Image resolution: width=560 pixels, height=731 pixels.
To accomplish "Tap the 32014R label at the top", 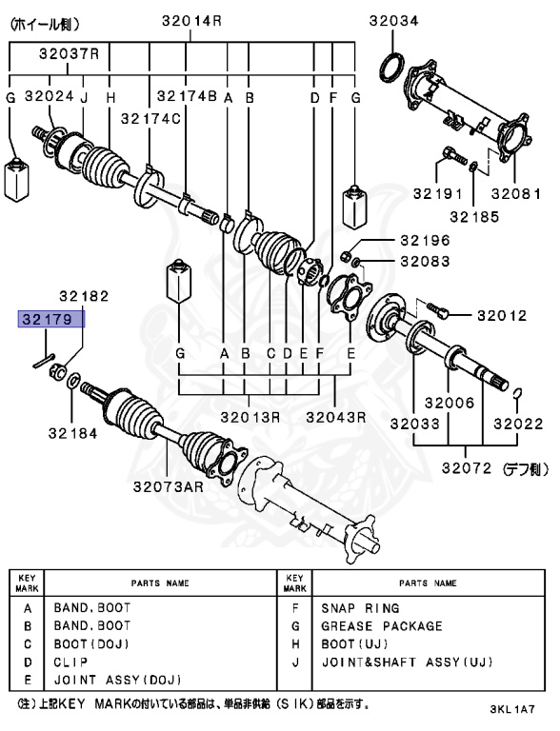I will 191,18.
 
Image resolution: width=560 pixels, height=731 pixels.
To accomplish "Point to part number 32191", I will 452,194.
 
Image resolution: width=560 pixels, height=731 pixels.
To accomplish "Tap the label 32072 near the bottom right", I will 466,468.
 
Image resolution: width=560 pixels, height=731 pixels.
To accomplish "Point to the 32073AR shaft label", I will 169,486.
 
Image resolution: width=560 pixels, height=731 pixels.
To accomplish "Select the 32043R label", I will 336,416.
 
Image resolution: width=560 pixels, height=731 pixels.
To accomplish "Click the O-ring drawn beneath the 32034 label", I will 390,69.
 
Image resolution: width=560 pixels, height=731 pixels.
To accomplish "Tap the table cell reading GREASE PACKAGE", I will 381,626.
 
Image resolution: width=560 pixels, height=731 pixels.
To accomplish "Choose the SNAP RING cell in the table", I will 360,608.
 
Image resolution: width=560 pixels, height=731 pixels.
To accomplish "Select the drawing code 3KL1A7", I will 514,710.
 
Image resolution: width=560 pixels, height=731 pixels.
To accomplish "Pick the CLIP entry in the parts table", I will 72,662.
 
